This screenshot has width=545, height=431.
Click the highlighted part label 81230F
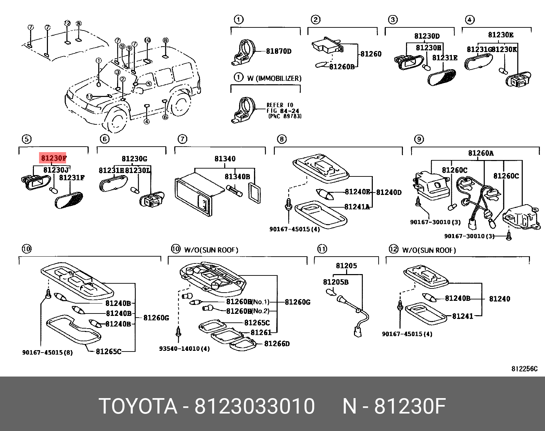coord(53,158)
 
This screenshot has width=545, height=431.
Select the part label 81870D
coord(279,51)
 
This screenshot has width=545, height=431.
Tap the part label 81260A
coord(481,153)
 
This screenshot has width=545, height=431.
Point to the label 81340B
coord(237,176)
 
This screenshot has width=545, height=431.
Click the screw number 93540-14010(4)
coord(184,349)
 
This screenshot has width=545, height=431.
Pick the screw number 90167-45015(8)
coord(47,352)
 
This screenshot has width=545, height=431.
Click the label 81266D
coord(277,343)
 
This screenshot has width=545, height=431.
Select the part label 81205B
coord(335,282)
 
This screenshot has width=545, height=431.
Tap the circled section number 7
coord(182,139)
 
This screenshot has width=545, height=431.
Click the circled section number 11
coord(322,249)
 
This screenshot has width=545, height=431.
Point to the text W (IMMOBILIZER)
coord(274,78)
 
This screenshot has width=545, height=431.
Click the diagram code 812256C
coord(524,369)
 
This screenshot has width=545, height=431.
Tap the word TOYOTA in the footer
coord(138,407)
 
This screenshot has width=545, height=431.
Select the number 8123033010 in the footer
coord(254,407)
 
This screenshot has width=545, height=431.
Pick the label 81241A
coord(357,207)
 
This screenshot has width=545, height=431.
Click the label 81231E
coord(445,58)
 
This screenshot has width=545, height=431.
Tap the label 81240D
coord(389,192)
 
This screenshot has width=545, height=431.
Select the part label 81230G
coord(134,159)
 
